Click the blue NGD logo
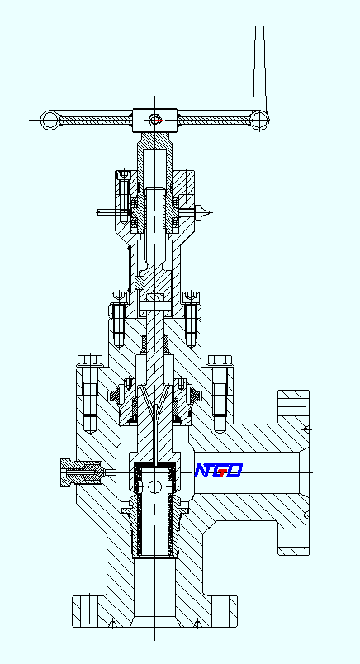pyautogui.click(x=218, y=471)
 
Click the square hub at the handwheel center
pyautogui.click(x=154, y=120)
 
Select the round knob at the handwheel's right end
pyautogui.click(x=261, y=120)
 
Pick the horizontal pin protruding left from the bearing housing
pyautogui.click(x=107, y=211)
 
